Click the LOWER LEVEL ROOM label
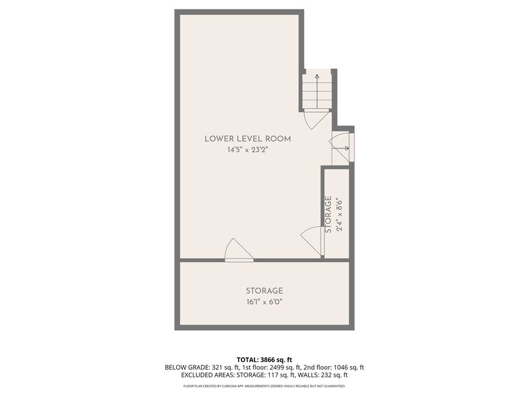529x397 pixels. pyautogui.click(x=248, y=139)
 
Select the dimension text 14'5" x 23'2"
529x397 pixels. pyautogui.click(x=248, y=151)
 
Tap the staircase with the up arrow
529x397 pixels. pyautogui.click(x=317, y=90)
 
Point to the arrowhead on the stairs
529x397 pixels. pyautogui.click(x=317, y=76)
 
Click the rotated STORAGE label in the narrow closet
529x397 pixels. pyautogui.click(x=329, y=214)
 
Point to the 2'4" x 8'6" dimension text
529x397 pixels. pyautogui.click(x=340, y=214)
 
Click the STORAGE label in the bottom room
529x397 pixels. pyautogui.click(x=264, y=291)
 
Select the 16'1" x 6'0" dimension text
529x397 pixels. pyautogui.click(x=264, y=302)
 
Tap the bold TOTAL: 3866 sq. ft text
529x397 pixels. pyautogui.click(x=264, y=359)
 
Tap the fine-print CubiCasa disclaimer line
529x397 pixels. pyautogui.click(x=264, y=386)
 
